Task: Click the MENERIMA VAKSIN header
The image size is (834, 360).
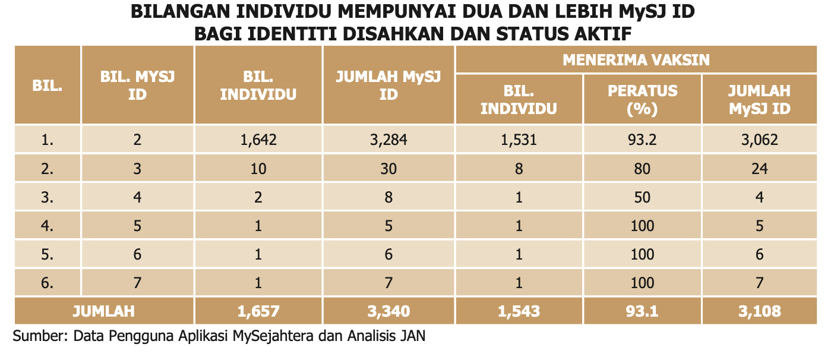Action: pos(636,60)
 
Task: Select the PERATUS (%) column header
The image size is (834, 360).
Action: pos(642,99)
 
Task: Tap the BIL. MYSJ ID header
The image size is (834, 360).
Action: pos(137,85)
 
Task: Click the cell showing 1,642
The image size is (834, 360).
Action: pos(258,140)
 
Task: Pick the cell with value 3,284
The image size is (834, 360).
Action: pos(388,140)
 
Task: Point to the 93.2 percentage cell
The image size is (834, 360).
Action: pos(642,140)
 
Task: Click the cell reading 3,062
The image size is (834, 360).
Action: pos(759,140)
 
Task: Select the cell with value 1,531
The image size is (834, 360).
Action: pos(519,140)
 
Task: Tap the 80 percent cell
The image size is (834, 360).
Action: pos(642,169)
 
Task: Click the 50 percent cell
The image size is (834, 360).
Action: pos(642,197)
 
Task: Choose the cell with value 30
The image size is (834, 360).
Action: pos(388,169)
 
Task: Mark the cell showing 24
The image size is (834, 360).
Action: pos(759,169)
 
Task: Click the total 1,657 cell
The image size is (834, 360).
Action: pos(258,311)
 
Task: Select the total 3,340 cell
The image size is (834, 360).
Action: pos(388,311)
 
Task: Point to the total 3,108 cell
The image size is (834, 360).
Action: pos(759,311)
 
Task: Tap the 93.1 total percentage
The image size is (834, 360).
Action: pos(642,311)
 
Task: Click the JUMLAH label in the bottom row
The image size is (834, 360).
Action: pos(103,311)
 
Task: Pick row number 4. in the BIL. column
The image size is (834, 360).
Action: pos(48,226)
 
